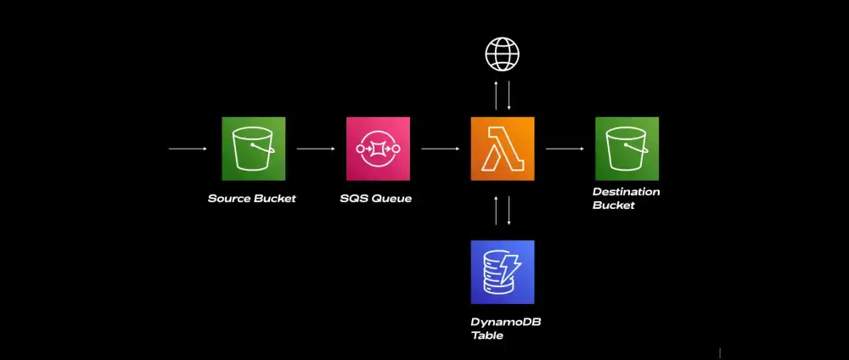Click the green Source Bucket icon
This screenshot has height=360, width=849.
point(253,149)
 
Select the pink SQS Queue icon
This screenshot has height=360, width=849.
point(378,149)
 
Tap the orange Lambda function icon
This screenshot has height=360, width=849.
point(503,149)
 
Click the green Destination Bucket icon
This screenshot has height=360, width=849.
point(627,149)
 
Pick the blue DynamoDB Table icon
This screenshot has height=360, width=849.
point(503,272)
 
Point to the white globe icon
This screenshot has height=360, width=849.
point(502,54)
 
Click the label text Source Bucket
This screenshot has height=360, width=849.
point(252,199)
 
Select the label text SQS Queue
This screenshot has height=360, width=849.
point(376,199)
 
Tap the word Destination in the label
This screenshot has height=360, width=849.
point(626,192)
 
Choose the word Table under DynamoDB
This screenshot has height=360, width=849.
point(487,335)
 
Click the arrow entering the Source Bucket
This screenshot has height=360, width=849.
point(188,149)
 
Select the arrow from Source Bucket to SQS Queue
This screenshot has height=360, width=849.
point(316,149)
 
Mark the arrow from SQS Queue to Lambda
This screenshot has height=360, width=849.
point(440,149)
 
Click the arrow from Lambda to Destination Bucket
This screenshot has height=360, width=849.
point(565,149)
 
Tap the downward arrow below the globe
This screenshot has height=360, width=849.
point(509,95)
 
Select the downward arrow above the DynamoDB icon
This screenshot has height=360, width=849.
point(509,211)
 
